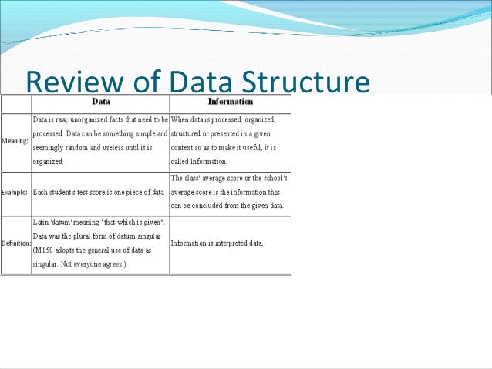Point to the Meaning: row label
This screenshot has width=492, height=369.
(x=15, y=142)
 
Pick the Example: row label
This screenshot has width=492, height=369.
(x=15, y=191)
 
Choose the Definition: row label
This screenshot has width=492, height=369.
(x=15, y=243)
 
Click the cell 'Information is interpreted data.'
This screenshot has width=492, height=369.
(x=217, y=243)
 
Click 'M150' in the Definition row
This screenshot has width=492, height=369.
(x=44, y=250)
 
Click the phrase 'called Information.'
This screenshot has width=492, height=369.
(x=199, y=162)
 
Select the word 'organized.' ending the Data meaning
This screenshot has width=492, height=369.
(x=48, y=162)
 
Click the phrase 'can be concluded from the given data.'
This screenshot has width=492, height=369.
(x=227, y=206)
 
